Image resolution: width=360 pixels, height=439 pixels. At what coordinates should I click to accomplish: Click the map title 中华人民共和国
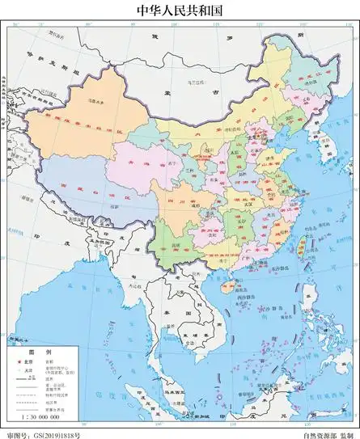point(180,10)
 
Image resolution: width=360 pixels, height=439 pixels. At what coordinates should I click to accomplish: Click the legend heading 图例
point(40,352)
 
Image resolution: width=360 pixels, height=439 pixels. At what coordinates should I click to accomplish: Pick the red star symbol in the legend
point(20,362)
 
